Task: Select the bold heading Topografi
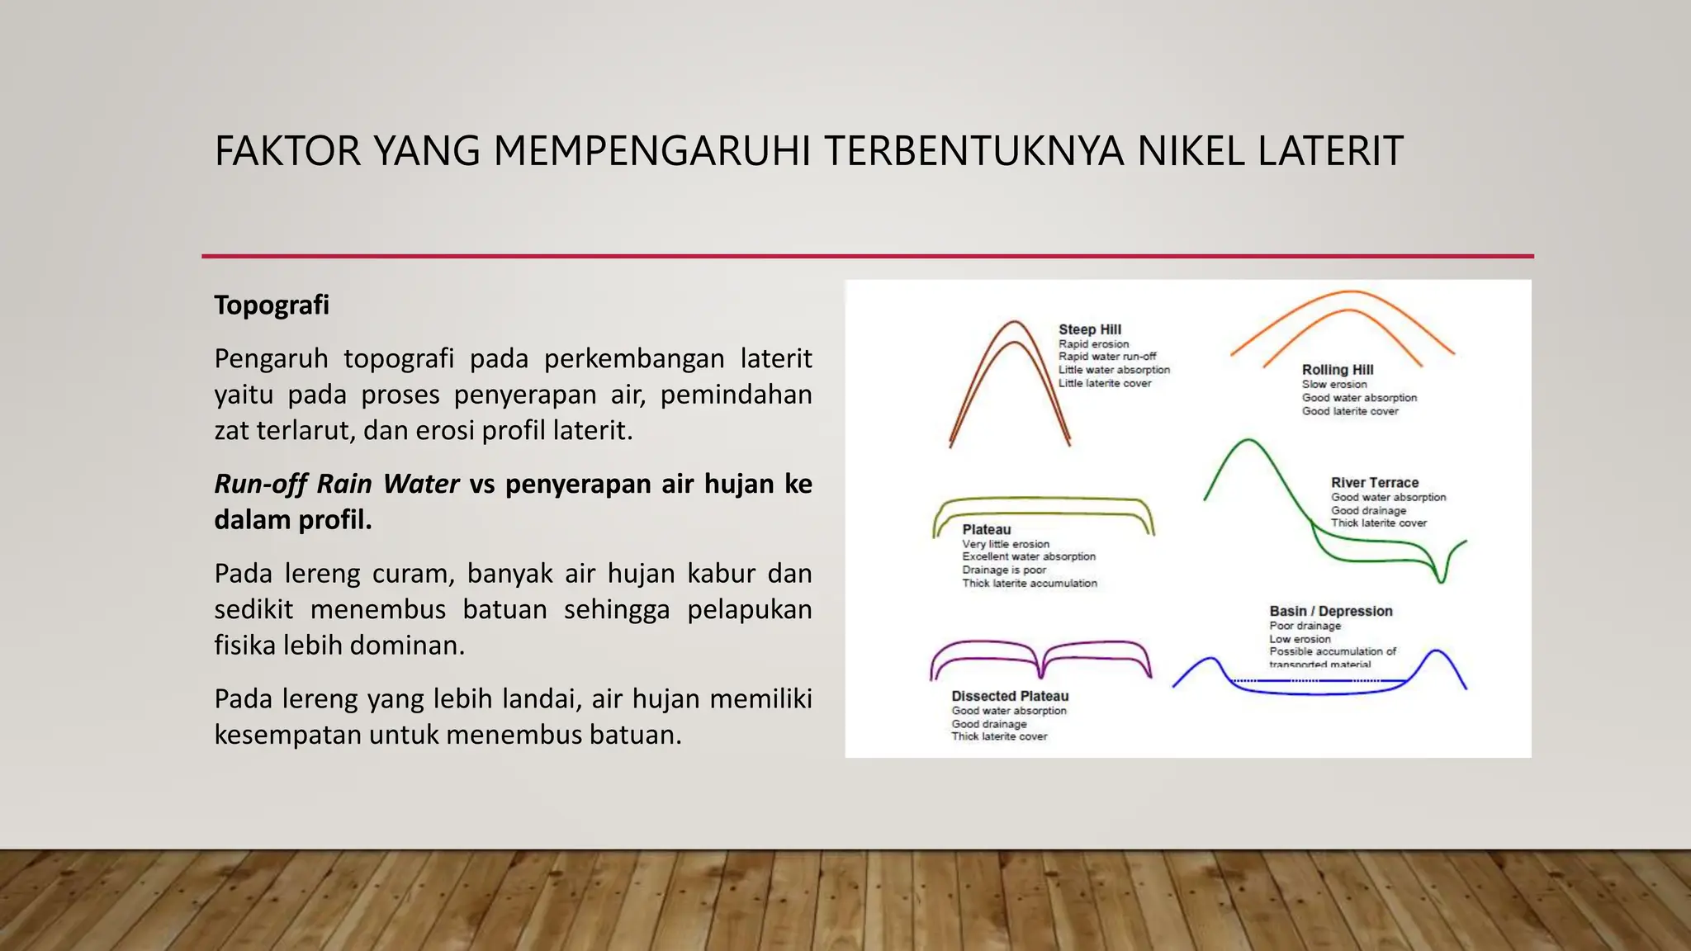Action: [272, 305]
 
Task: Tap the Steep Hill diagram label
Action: [1090, 329]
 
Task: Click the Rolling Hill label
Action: [1338, 370]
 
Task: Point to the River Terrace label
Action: [1375, 483]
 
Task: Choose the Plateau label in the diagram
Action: [986, 530]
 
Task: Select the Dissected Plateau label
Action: [1010, 697]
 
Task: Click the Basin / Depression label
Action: [1331, 612]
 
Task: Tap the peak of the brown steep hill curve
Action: [1015, 323]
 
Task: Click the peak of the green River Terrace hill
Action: [1248, 441]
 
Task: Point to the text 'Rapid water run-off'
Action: [1107, 357]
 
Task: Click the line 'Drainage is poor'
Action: [1004, 570]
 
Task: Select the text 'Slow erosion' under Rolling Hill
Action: [1334, 385]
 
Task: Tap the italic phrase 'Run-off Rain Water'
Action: [337, 484]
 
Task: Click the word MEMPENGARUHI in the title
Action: [651, 151]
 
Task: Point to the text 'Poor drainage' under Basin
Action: [1305, 626]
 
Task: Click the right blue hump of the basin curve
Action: [1438, 652]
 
